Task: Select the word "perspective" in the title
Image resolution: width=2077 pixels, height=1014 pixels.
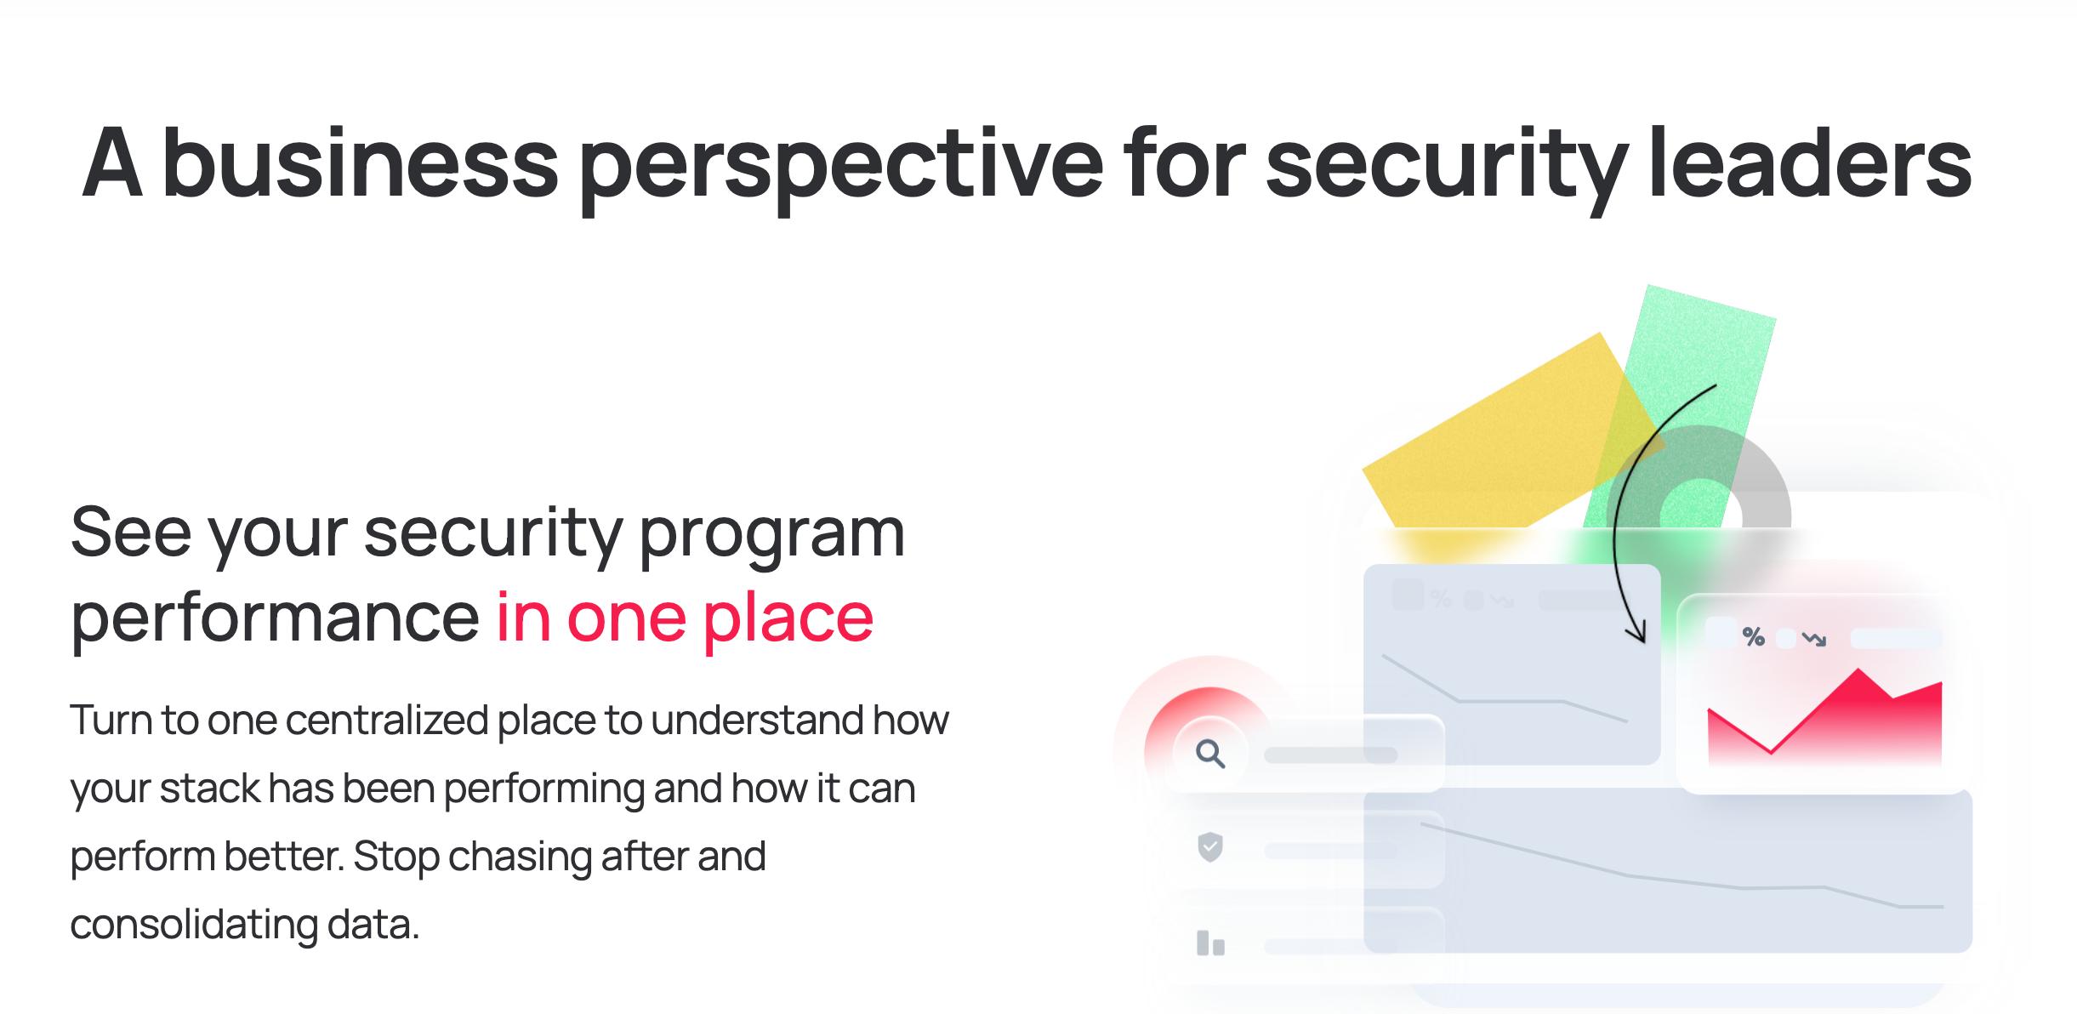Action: [x=841, y=168]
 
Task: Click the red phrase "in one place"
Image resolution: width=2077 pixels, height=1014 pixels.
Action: [x=685, y=616]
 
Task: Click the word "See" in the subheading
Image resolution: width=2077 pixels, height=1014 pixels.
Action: [x=131, y=531]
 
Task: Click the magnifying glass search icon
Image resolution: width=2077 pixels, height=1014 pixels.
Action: [x=1210, y=754]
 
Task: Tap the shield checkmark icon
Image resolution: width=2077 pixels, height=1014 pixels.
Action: [x=1210, y=847]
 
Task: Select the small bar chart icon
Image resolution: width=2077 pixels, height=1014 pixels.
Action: [x=1210, y=943]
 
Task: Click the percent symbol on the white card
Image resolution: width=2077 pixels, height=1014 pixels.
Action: [x=1753, y=636]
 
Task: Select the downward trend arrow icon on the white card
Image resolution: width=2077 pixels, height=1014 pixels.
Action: [x=1814, y=639]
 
